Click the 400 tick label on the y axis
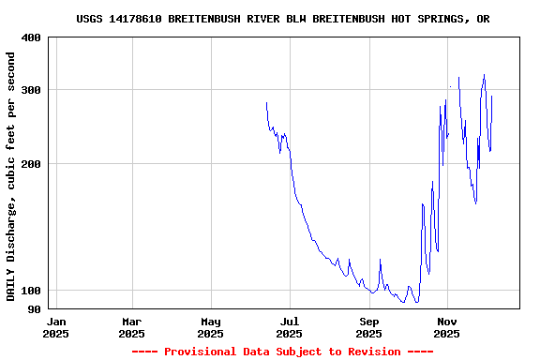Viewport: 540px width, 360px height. (x=31, y=37)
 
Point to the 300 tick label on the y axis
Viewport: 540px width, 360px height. (x=31, y=90)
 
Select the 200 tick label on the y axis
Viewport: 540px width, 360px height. (x=31, y=164)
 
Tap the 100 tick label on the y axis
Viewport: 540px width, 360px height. (x=31, y=291)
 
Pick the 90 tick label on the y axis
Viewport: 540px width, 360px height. (x=34, y=309)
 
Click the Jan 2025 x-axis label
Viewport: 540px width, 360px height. (x=55, y=326)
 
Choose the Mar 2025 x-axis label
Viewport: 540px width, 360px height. (x=131, y=326)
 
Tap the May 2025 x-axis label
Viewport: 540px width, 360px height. (x=211, y=326)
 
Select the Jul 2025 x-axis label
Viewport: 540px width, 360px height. (x=290, y=326)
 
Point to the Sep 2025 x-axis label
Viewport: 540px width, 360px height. (x=368, y=326)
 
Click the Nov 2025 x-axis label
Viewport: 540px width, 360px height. (x=447, y=326)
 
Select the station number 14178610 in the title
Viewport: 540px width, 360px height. (x=135, y=19)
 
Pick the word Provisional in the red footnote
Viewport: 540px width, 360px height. (x=202, y=352)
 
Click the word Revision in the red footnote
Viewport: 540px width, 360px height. (x=374, y=352)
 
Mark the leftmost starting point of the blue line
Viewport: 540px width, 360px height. (x=266, y=103)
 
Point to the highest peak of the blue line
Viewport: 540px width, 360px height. (x=484, y=75)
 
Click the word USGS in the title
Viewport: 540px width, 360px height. (x=89, y=19)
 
